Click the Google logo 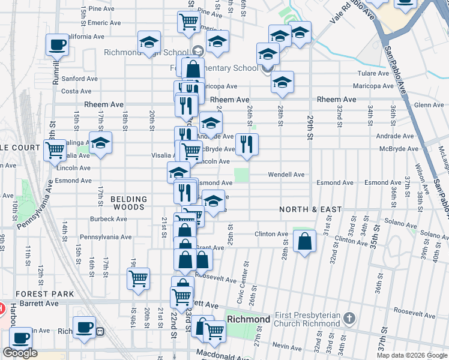pyautogui.click(x=20, y=353)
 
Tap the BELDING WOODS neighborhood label pyautogui.click(x=128, y=203)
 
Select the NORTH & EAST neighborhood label pyautogui.click(x=310, y=209)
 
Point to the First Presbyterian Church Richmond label pyautogui.click(x=308, y=319)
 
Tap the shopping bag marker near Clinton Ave pyautogui.click(x=305, y=241)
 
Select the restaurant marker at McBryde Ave pyautogui.click(x=247, y=144)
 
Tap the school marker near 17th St pyautogui.click(x=101, y=143)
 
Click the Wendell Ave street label pyautogui.click(x=286, y=175)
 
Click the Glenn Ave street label pyautogui.click(x=429, y=105)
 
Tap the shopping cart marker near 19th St pyautogui.click(x=138, y=278)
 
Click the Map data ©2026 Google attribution pyautogui.click(x=412, y=355)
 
